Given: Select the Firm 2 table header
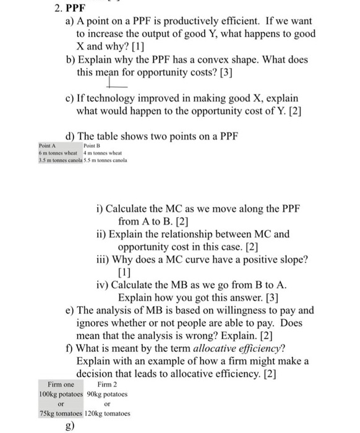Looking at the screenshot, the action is [x=100, y=384].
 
